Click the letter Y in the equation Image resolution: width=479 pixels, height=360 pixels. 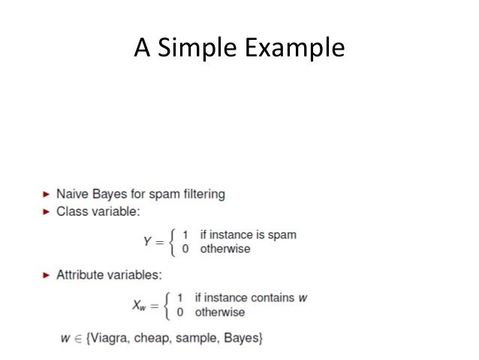[148, 241]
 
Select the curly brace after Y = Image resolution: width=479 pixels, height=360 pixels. [173, 241]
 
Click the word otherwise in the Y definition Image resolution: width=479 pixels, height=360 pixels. [225, 249]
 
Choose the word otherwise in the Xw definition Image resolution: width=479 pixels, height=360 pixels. [220, 312]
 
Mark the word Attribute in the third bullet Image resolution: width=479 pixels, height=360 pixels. [80, 275]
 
